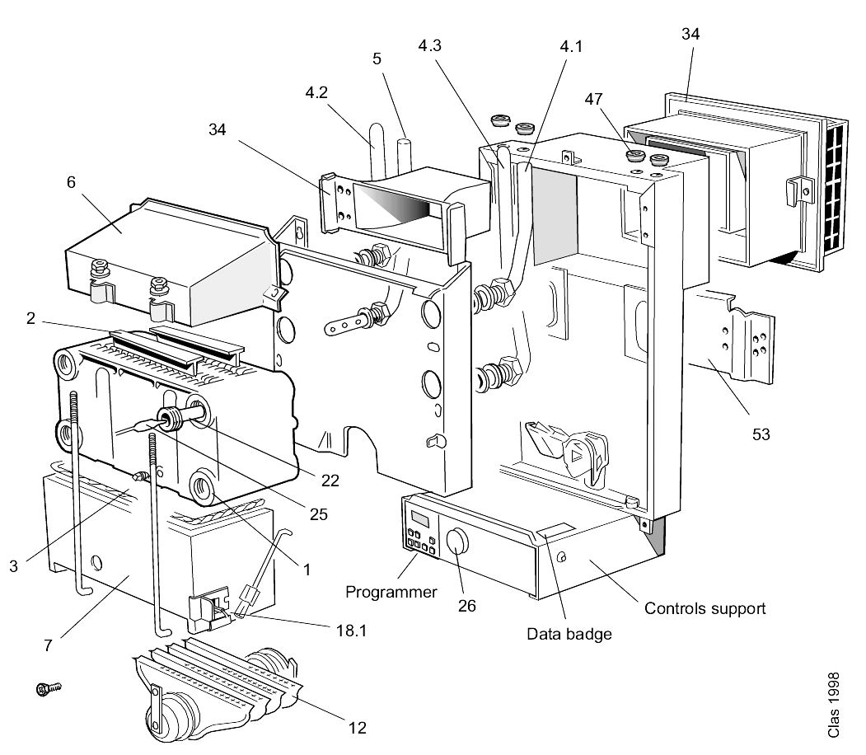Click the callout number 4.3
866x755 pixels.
(x=429, y=45)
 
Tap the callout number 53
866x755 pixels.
(x=761, y=434)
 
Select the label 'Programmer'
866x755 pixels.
(x=391, y=592)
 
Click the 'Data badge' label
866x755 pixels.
(x=569, y=634)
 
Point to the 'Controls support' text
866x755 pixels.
(x=705, y=608)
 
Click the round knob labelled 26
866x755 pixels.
(x=456, y=541)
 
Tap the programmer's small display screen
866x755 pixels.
(x=420, y=519)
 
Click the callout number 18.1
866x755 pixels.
(x=351, y=631)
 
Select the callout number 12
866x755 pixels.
(x=358, y=728)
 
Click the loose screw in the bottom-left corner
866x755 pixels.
(x=48, y=688)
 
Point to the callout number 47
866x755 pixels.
(x=594, y=99)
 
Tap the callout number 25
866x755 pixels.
(x=319, y=514)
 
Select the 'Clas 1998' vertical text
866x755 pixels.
(x=833, y=704)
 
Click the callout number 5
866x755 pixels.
(x=377, y=59)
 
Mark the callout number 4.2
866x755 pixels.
(x=316, y=92)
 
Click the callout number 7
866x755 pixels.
(x=48, y=645)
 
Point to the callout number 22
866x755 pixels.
(x=330, y=481)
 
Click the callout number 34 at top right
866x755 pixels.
(x=690, y=35)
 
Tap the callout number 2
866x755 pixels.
(x=31, y=317)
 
